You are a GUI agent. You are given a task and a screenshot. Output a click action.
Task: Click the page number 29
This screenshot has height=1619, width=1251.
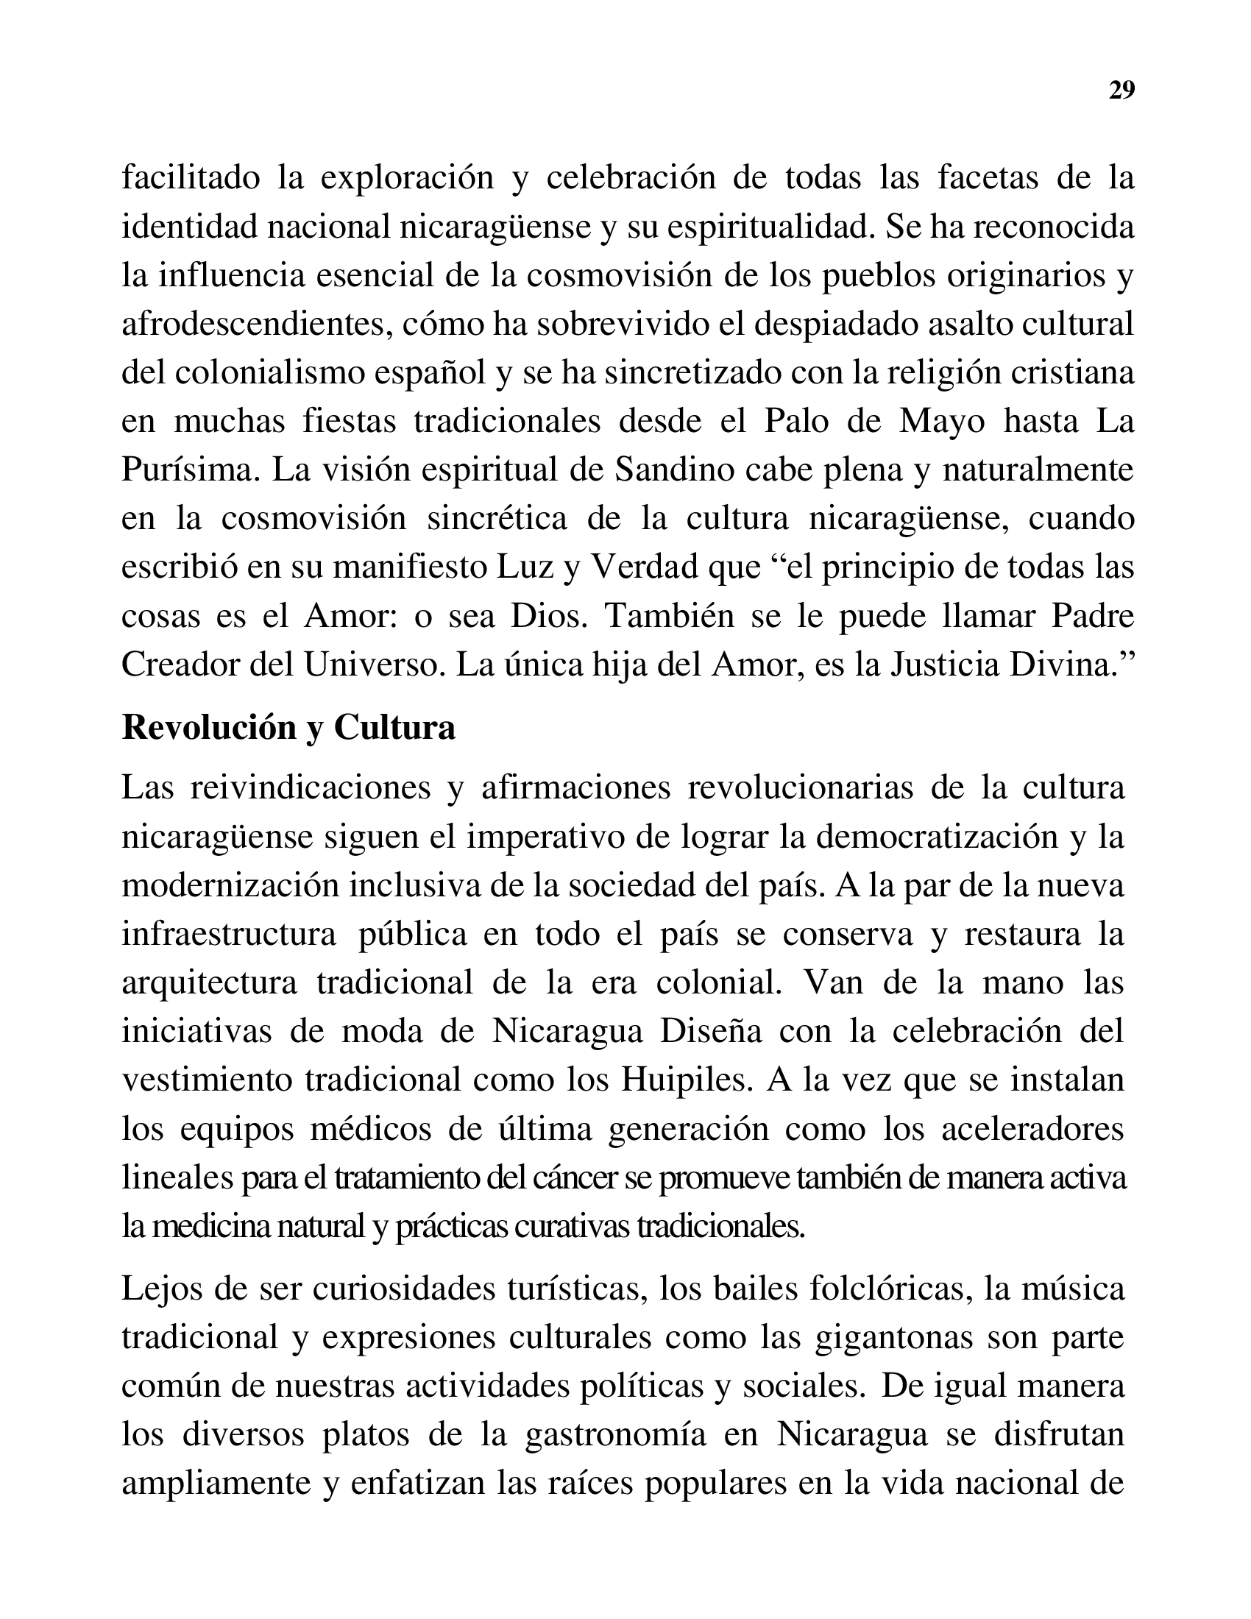tap(1121, 90)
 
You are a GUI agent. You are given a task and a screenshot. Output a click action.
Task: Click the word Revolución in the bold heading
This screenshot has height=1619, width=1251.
tap(208, 728)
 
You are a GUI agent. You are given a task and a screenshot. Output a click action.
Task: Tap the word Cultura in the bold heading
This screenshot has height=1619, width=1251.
tap(394, 728)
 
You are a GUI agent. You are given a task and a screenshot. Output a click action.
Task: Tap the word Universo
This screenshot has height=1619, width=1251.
tap(372, 665)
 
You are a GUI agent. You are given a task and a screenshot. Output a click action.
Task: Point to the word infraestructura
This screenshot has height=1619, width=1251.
tap(229, 934)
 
